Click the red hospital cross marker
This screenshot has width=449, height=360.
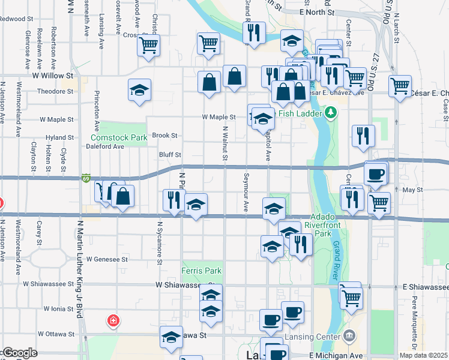tap(112, 321)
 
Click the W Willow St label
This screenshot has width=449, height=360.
tap(52, 76)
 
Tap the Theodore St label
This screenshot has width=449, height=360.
tap(55, 91)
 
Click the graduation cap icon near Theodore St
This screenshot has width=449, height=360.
tap(139, 91)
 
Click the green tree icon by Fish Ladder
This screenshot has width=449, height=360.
tap(331, 112)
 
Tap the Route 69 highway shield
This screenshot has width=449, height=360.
tap(85, 178)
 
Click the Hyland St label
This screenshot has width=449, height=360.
tap(59, 137)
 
